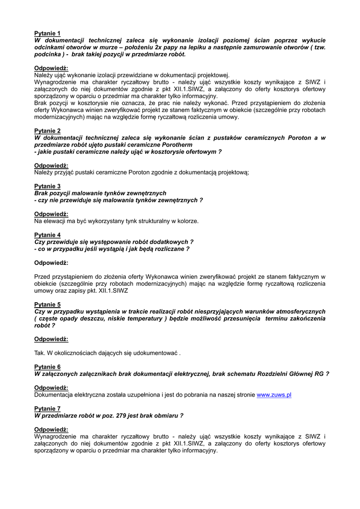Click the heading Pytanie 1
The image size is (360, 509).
47,33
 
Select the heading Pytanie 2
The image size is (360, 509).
47,131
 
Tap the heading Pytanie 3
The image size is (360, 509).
47,186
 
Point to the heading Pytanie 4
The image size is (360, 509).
47,235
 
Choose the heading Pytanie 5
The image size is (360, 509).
47,304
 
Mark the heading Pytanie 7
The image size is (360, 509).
47,408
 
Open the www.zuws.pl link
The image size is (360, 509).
273,395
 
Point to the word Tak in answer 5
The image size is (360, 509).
39,353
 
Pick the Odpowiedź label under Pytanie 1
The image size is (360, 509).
51,68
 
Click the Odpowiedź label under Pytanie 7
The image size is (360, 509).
51,429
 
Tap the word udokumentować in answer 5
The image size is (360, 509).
155,353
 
